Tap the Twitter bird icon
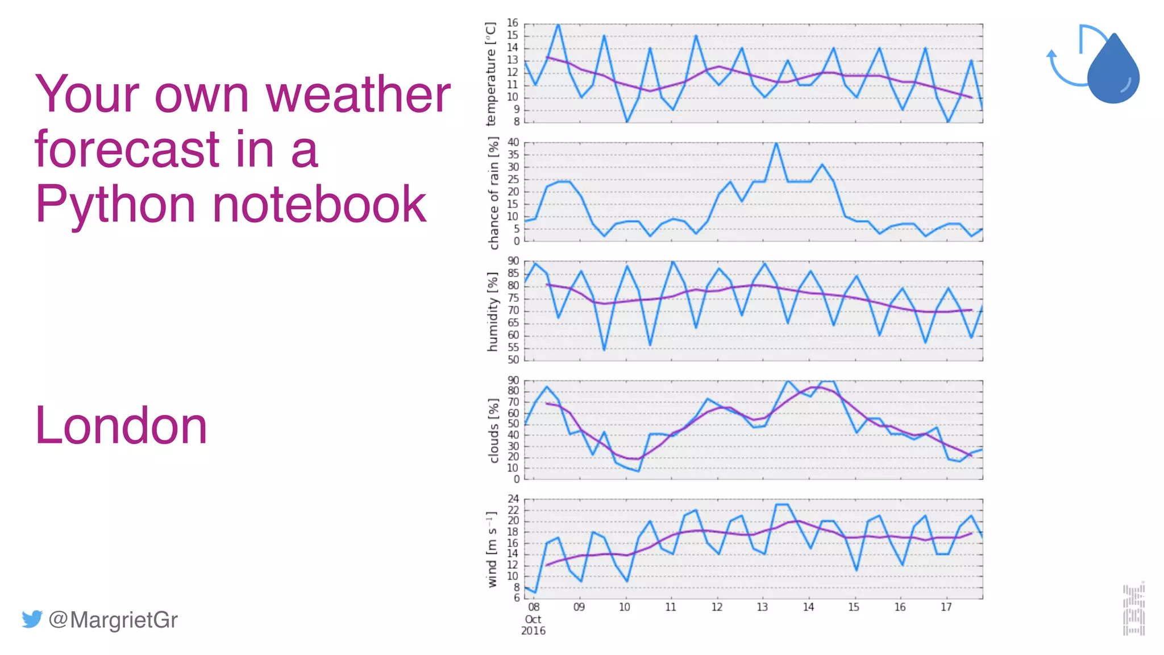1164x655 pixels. (32, 619)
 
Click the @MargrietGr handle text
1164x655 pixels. (113, 619)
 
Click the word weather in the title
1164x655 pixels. (358, 94)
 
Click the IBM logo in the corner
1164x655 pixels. (1133, 609)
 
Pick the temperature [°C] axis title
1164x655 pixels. (490, 74)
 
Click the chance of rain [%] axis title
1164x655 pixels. (493, 193)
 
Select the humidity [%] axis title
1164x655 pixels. (492, 311)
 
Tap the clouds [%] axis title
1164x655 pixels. (493, 430)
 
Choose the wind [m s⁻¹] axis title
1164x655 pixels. (492, 549)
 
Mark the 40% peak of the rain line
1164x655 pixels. (776, 143)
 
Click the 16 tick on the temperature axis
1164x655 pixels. (513, 23)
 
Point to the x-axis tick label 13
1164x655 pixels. (762, 607)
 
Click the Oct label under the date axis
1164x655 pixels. (533, 619)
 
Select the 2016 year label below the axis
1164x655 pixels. (533, 631)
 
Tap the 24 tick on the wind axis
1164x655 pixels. (513, 499)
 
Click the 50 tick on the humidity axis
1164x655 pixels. (513, 359)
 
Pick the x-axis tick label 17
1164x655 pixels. (946, 607)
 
